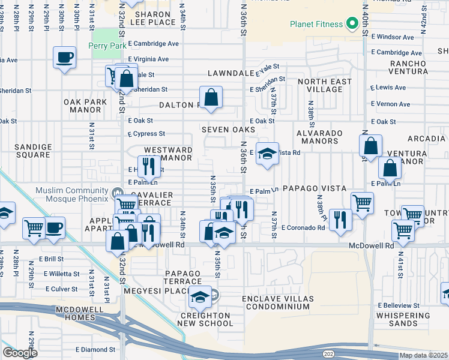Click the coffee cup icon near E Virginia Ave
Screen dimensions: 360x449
point(64,58)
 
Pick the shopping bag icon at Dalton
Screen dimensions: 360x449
point(211,97)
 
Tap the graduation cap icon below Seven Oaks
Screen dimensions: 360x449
point(268,154)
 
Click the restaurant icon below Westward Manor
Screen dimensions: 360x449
point(149,166)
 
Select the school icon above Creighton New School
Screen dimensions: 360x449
point(200,296)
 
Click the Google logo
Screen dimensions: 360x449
point(20,353)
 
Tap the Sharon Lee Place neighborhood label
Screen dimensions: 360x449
point(154,18)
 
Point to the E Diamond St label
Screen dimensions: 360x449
point(95,349)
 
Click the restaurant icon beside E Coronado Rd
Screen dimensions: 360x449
point(340,220)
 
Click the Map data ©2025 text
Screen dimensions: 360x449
point(423,355)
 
